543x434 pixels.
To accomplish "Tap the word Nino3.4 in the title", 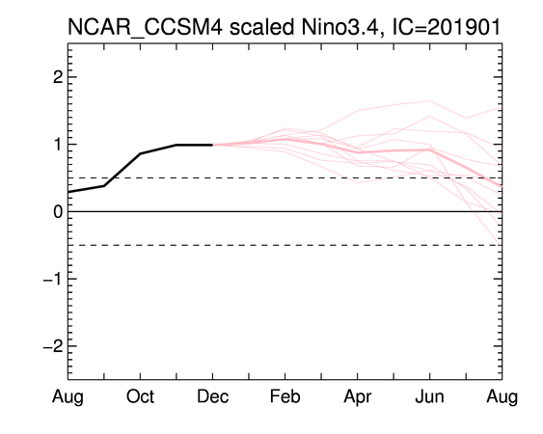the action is (x=342, y=27).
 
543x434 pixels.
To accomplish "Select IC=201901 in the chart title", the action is (x=446, y=27).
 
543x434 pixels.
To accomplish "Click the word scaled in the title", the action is (x=261, y=27).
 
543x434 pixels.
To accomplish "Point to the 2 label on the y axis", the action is (x=58, y=77).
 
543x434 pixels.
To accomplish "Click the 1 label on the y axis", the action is (x=58, y=144).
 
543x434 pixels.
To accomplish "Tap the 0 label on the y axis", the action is (x=58, y=211).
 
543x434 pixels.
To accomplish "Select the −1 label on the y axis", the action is (x=53, y=279).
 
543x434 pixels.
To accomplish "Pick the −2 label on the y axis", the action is (x=53, y=346).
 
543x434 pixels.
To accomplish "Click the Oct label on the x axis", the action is (x=140, y=396).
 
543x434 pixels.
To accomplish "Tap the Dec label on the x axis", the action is (x=212, y=396).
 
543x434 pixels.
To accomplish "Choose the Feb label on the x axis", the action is (x=285, y=396).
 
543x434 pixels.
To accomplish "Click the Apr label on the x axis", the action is (x=358, y=397).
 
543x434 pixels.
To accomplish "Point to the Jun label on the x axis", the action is (x=429, y=396).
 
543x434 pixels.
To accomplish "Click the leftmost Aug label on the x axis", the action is (x=68, y=397).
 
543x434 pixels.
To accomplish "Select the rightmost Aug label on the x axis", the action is (x=502, y=397).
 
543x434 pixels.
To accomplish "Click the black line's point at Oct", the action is (x=140, y=153).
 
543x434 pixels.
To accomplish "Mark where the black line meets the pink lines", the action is (x=212, y=145).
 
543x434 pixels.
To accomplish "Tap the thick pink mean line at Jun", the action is (x=430, y=149).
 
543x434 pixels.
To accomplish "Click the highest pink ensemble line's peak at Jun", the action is (x=430, y=101).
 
